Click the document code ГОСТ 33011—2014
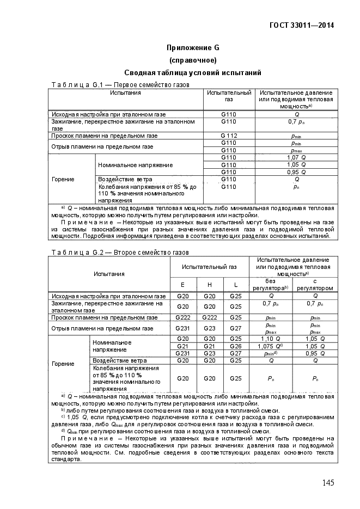click(302, 25)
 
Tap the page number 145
click(327, 483)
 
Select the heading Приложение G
click(193, 47)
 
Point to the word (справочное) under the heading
click(193, 60)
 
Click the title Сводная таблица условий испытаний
click(193, 72)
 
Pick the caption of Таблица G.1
click(120, 85)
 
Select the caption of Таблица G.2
click(120, 253)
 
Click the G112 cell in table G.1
click(229, 136)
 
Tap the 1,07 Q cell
click(296, 157)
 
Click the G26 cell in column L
click(235, 346)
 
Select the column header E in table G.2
click(182, 284)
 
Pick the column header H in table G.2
click(209, 284)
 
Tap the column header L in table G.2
click(235, 284)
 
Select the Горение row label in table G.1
click(63, 179)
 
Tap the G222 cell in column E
click(182, 317)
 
